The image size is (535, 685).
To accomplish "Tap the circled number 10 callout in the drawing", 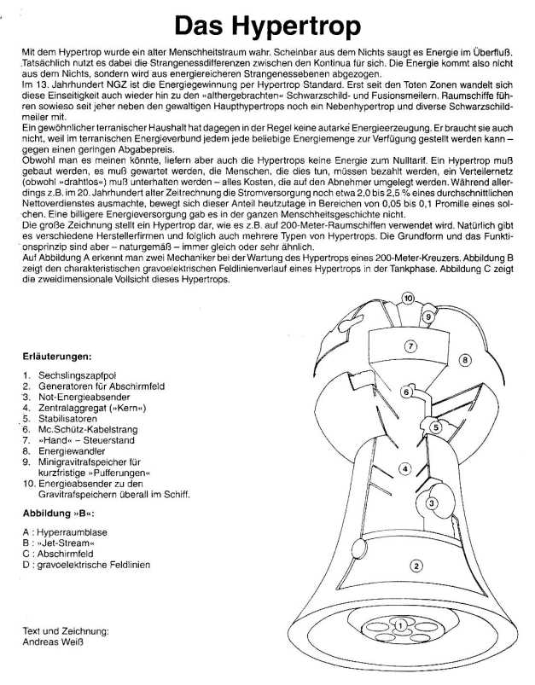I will pos(409,299).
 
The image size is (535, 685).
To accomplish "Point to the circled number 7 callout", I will pos(410,346).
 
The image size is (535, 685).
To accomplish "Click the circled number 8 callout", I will pos(466,359).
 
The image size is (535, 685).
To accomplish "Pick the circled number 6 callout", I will pos(407,392).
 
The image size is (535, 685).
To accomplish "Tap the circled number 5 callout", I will pos(434,427).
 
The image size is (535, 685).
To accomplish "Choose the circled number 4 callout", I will pos(406,467).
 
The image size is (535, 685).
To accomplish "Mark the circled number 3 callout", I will pos(432,503).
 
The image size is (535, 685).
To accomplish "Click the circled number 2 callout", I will pos(416,564).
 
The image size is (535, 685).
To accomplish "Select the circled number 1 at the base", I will pos(400,626).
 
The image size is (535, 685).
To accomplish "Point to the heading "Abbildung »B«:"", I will pos(59,514).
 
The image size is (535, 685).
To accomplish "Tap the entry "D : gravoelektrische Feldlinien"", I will pos(84,564).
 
